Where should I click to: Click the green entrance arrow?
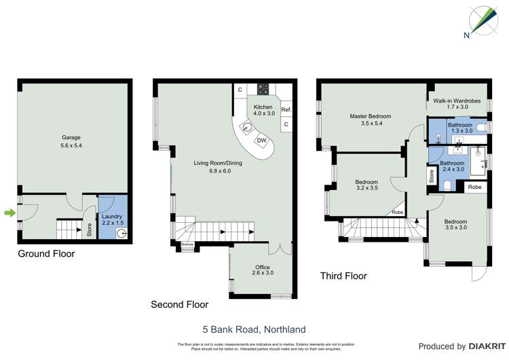(9, 213)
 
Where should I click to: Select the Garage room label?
(71, 141)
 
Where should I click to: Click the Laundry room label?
(111, 219)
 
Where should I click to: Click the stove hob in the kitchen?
(262, 90)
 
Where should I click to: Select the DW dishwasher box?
(261, 141)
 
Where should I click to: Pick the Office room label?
(263, 270)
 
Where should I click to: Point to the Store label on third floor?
(431, 177)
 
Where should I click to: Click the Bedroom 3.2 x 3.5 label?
(366, 185)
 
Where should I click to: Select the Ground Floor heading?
(46, 254)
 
